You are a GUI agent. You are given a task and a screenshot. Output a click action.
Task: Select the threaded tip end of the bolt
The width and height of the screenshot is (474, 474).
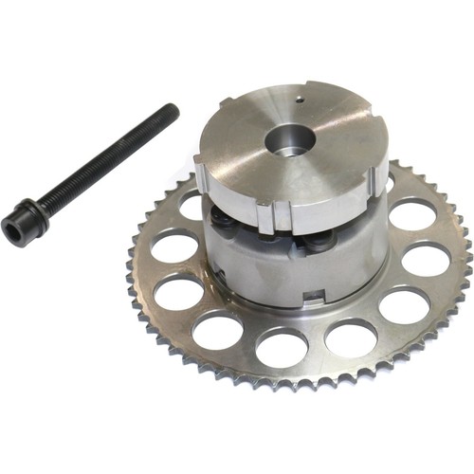tap(172, 111)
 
